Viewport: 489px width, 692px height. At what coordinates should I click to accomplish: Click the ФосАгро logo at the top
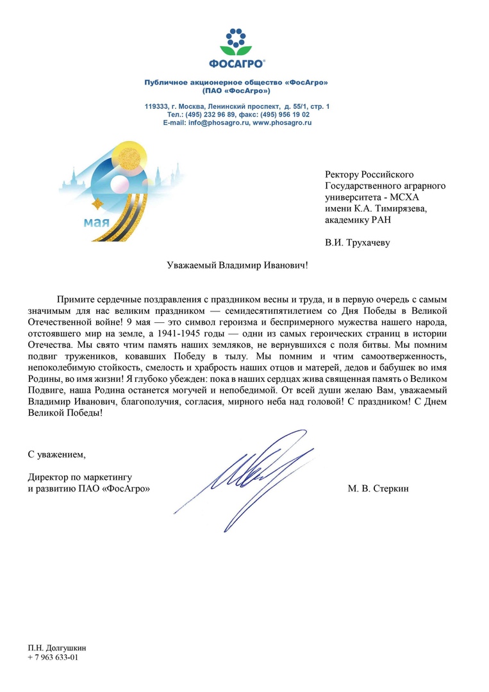click(238, 47)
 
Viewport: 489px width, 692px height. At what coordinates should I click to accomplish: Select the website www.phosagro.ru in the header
click(282, 122)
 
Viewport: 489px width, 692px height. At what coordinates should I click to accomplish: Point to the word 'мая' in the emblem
click(96, 223)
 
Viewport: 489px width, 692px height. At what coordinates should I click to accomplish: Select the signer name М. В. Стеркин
click(378, 489)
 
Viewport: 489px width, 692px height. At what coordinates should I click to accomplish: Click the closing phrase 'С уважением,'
click(56, 455)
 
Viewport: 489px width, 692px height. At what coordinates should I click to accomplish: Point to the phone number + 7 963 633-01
click(53, 657)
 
